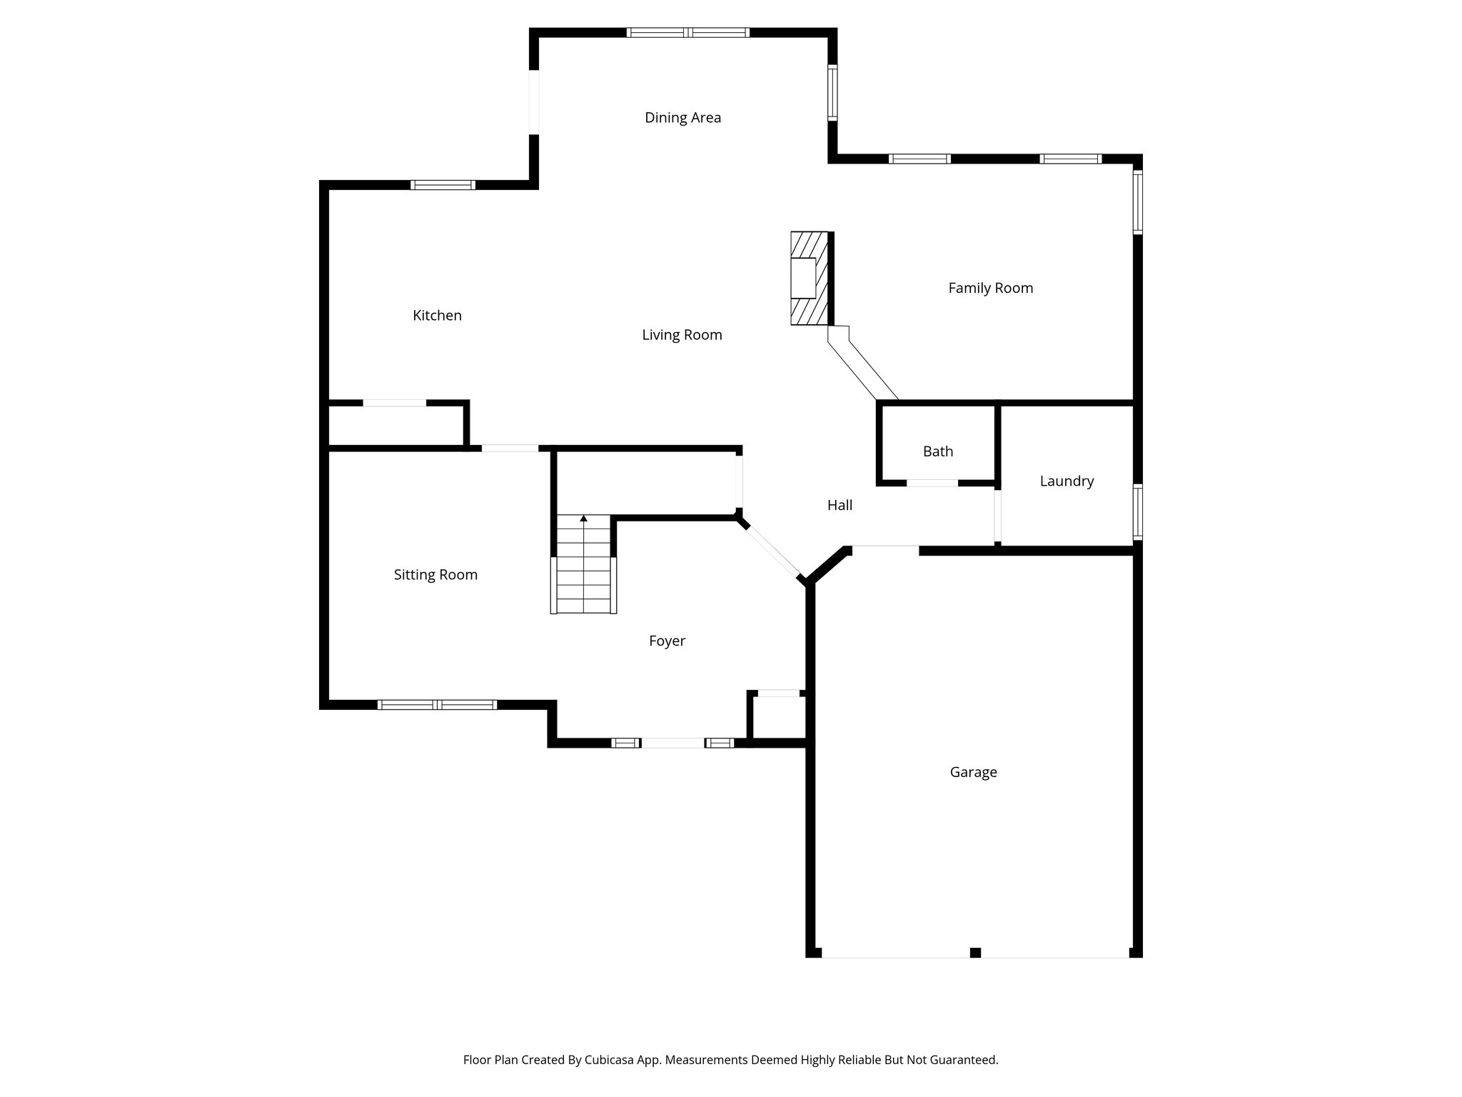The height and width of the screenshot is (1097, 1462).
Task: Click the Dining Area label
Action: pyautogui.click(x=682, y=118)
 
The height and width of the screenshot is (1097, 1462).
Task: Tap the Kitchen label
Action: pyautogui.click(x=437, y=316)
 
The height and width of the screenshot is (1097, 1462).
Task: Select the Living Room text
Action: pyautogui.click(x=682, y=335)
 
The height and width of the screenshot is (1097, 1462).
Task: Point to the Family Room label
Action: pyautogui.click(x=990, y=289)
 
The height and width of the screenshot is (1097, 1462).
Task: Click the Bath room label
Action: pyautogui.click(x=937, y=451)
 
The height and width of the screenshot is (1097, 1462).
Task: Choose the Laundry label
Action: pyautogui.click(x=1067, y=481)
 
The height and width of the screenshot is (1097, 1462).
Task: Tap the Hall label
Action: pyautogui.click(x=840, y=506)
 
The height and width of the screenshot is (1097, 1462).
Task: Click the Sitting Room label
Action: pyautogui.click(x=435, y=575)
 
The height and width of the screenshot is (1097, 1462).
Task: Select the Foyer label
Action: pyautogui.click(x=667, y=641)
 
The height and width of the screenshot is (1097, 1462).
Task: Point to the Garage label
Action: pyautogui.click(x=973, y=772)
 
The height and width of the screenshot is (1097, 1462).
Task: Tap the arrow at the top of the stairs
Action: pyautogui.click(x=584, y=519)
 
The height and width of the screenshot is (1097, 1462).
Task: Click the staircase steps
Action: pyautogui.click(x=584, y=571)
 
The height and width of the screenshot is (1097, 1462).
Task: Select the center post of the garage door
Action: pyautogui.click(x=975, y=952)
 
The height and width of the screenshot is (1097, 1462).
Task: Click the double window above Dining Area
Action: pyautogui.click(x=688, y=32)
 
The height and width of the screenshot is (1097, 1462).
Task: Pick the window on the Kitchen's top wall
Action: pyautogui.click(x=443, y=185)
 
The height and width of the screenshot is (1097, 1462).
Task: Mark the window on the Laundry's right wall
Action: pyautogui.click(x=1138, y=511)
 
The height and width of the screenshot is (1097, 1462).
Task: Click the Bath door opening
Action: pyautogui.click(x=932, y=484)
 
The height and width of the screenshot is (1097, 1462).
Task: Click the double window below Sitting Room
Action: pyautogui.click(x=437, y=705)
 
